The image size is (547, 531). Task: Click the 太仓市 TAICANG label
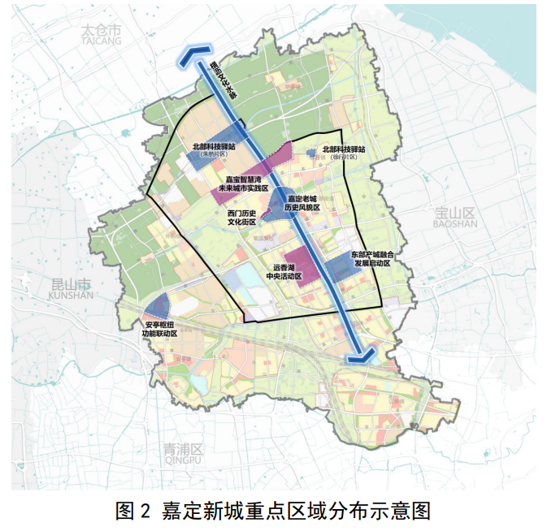click(101, 34)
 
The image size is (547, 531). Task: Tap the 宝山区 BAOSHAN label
click(454, 217)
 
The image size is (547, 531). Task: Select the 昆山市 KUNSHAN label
click(72, 290)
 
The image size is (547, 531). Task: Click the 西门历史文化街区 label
click(241, 216)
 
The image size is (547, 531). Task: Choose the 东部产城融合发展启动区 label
click(371, 259)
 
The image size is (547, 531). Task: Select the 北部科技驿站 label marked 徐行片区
click(343, 151)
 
